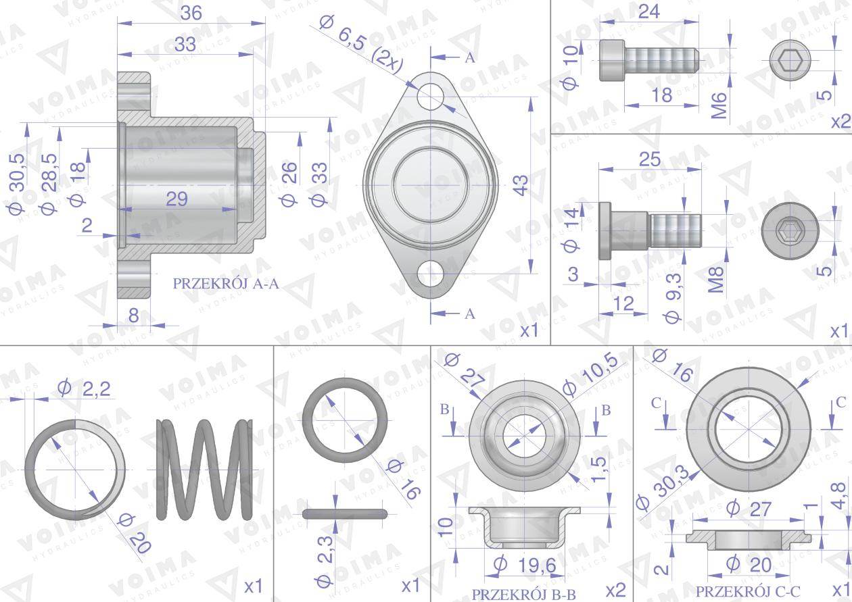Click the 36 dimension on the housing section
pyautogui.click(x=191, y=14)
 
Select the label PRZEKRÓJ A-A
pyautogui.click(x=226, y=284)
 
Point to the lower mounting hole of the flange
pyautogui.click(x=430, y=273)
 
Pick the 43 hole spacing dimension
pyautogui.click(x=522, y=185)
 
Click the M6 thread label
pyautogui.click(x=719, y=105)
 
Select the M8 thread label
pyautogui.click(x=715, y=280)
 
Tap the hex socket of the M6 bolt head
pyautogui.click(x=790, y=60)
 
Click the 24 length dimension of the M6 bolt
pyautogui.click(x=649, y=11)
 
